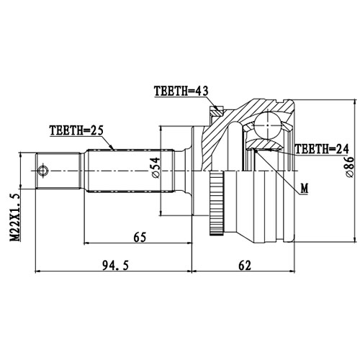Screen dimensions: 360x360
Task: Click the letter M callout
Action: tap(304, 189)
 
